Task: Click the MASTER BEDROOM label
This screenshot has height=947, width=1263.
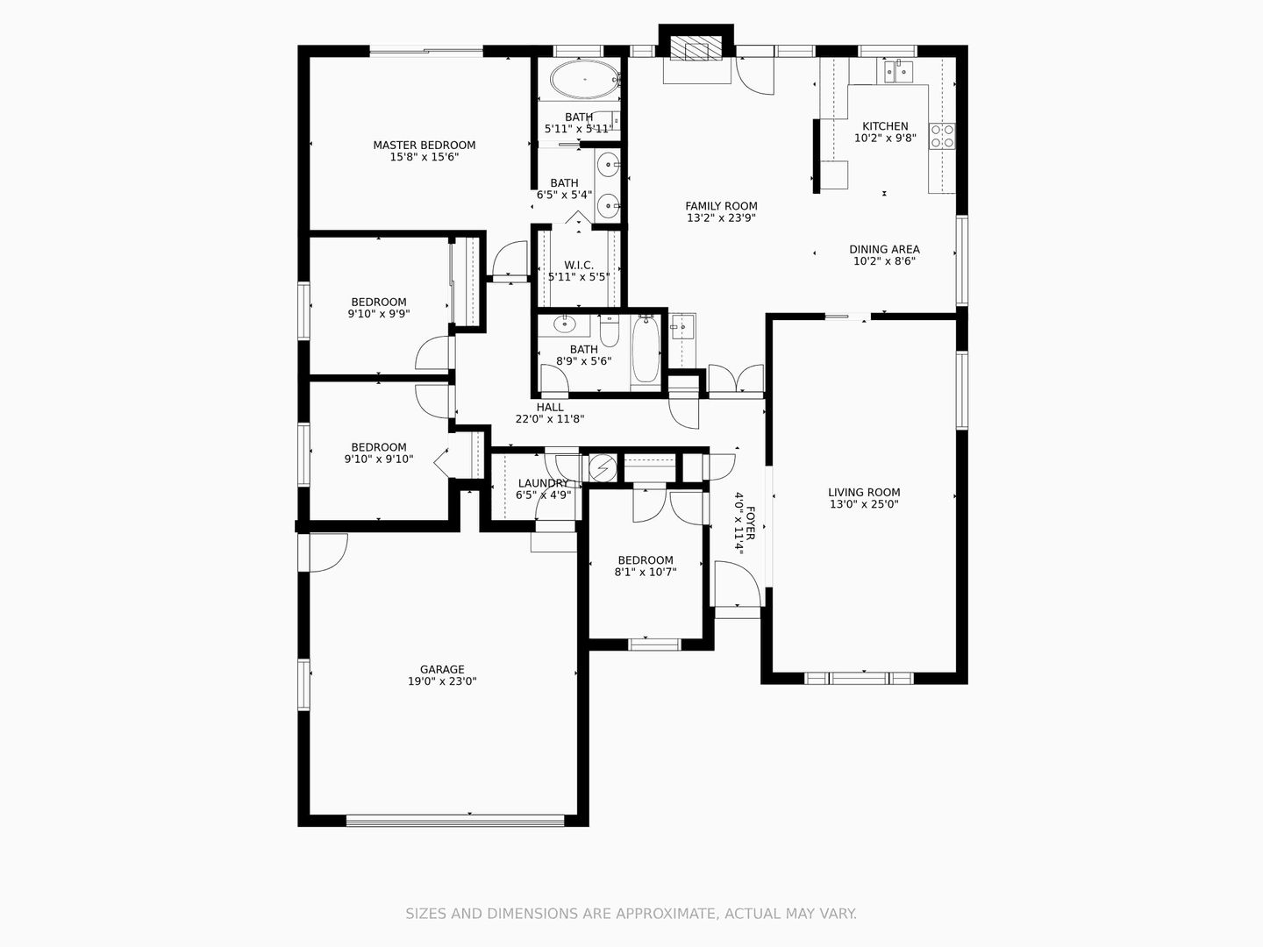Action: click(424, 145)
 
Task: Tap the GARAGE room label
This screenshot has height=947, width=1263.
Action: click(442, 669)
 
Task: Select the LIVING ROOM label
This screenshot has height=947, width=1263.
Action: click(864, 492)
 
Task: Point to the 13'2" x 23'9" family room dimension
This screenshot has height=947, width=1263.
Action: click(721, 218)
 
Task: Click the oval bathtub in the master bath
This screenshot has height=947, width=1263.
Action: click(585, 79)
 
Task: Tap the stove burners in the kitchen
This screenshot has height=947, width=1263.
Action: click(943, 136)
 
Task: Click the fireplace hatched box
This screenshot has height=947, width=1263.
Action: click(696, 47)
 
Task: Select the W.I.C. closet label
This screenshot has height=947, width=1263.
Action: click(579, 265)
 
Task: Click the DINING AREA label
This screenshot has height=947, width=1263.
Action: click(884, 250)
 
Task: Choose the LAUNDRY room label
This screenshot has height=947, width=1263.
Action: click(543, 483)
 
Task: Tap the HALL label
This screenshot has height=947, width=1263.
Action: click(550, 407)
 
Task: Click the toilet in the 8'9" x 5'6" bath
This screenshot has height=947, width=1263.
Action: click(610, 331)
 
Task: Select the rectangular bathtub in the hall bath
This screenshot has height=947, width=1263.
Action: click(646, 349)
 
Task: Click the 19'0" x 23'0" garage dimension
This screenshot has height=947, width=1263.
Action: click(442, 681)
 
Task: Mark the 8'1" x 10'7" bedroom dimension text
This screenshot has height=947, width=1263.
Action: click(646, 572)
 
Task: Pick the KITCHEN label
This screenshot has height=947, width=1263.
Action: click(885, 126)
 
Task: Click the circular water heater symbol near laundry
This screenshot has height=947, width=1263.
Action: click(603, 468)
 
